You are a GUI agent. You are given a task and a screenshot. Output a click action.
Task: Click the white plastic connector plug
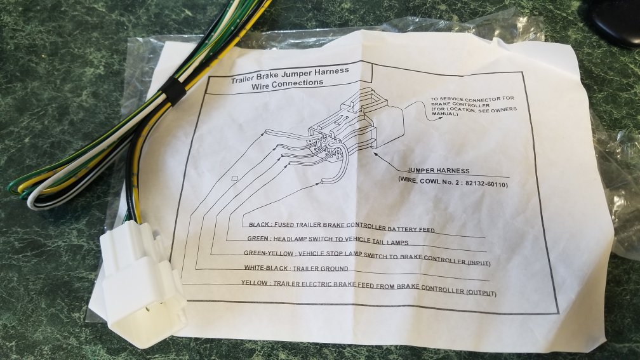(x=141, y=283)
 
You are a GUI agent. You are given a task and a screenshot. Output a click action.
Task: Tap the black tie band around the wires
(x=173, y=91)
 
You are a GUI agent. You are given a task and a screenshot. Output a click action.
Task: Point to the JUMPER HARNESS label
(x=438, y=171)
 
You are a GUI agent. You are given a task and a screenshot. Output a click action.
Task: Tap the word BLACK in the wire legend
(x=259, y=224)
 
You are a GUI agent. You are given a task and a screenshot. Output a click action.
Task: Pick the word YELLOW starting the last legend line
(x=254, y=283)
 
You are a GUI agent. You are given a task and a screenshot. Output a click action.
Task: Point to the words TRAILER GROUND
(x=321, y=269)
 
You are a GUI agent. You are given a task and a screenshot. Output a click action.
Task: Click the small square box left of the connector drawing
(x=234, y=178)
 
